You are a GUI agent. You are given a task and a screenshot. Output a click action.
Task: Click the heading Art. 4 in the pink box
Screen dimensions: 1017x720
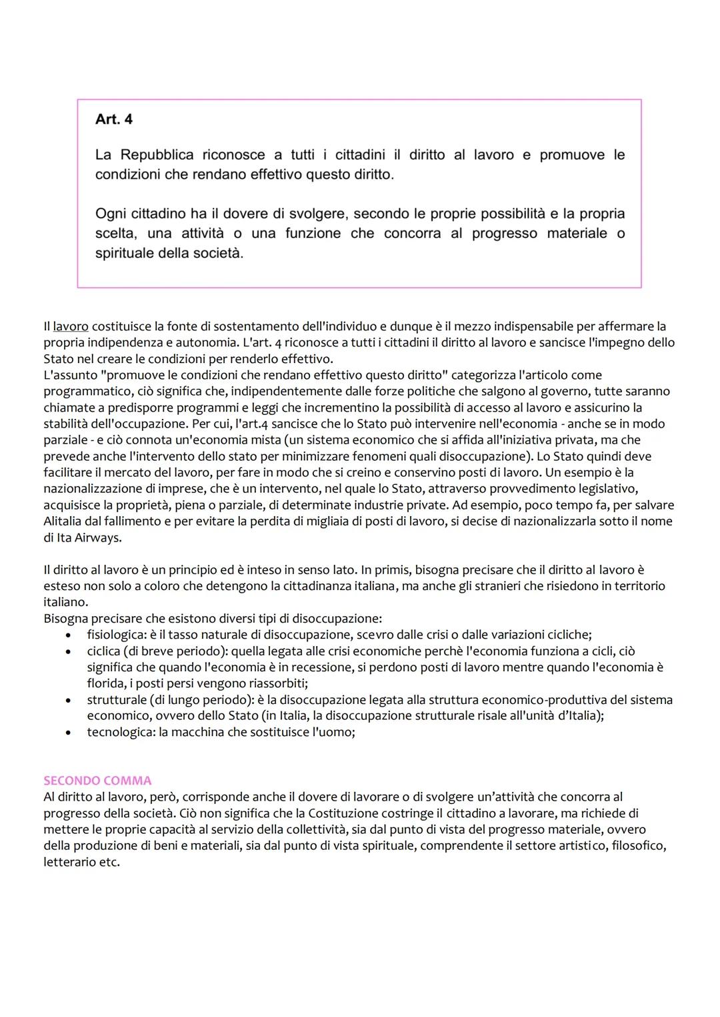click(114, 119)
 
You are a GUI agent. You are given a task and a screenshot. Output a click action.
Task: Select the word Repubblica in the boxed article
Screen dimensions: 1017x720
click(157, 155)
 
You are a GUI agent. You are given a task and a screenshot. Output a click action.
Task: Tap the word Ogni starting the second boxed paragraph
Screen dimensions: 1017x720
click(111, 214)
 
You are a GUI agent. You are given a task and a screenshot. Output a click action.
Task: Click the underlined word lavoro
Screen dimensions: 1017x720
click(71, 326)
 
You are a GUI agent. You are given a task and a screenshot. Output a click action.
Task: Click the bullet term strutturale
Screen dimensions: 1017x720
click(118, 699)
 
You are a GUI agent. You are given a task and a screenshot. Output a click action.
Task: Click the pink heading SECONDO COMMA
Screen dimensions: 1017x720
click(97, 780)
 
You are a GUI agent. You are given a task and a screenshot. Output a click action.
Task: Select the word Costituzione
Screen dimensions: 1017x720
click(381, 813)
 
